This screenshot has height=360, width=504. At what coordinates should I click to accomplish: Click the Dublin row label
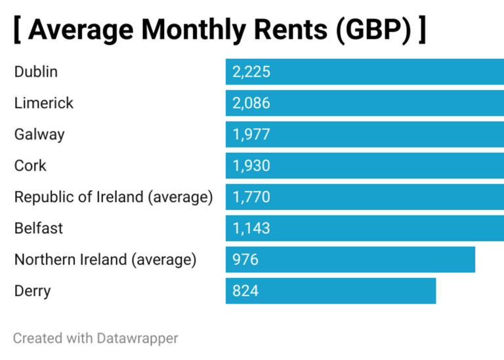(x=35, y=71)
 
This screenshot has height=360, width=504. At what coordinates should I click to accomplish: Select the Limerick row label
(x=44, y=103)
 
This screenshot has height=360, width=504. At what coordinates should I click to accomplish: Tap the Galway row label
(x=39, y=134)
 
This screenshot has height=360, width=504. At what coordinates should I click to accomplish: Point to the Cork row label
(x=30, y=165)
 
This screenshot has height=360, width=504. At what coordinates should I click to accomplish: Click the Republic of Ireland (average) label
(x=114, y=197)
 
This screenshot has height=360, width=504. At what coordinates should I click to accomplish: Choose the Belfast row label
(x=39, y=228)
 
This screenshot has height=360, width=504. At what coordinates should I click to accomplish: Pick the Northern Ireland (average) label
(x=105, y=260)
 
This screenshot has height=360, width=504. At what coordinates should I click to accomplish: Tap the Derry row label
(x=32, y=291)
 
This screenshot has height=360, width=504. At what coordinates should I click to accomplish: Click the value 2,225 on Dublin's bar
(x=251, y=71)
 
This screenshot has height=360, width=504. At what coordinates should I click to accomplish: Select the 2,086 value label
(x=251, y=103)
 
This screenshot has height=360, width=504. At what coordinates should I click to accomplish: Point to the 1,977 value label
(x=251, y=134)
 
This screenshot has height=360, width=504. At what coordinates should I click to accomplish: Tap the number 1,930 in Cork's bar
(x=251, y=166)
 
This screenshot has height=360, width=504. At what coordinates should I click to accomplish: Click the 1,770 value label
(x=251, y=197)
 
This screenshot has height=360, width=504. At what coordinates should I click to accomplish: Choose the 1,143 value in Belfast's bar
(x=251, y=228)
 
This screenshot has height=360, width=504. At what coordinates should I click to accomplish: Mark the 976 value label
(x=245, y=260)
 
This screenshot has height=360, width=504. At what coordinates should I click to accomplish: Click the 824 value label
(x=245, y=291)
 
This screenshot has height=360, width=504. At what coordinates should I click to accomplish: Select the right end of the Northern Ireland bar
(x=472, y=260)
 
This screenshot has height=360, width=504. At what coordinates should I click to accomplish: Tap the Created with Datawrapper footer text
(x=95, y=338)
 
